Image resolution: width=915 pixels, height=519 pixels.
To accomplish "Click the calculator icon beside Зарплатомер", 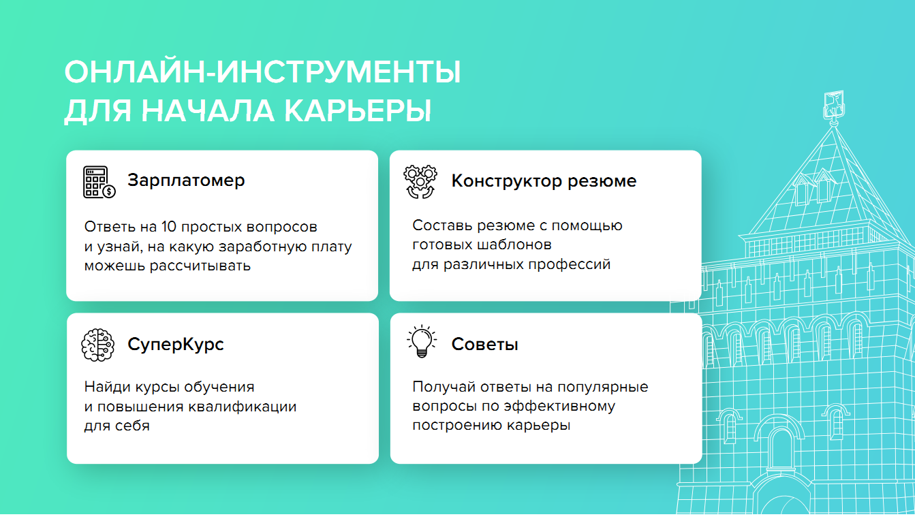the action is coord(99,182).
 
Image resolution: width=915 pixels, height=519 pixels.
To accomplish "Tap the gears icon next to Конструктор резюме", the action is coord(420,182).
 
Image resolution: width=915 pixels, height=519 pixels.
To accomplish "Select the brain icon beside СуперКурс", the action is coord(97,345).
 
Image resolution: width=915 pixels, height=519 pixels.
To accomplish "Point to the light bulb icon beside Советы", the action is coord(422,341).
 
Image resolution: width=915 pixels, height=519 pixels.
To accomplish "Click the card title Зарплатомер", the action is coord(186,180).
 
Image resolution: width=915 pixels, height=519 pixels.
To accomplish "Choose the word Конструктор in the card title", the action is coord(506,181).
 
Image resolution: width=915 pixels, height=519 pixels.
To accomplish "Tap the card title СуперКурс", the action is coord(176,344).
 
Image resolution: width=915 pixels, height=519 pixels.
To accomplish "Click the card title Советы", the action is coord(485,344).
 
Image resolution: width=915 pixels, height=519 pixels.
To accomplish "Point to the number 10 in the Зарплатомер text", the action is coord(169,227).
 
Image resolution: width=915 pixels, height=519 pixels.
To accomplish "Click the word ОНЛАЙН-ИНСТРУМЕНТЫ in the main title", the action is coord(263,72).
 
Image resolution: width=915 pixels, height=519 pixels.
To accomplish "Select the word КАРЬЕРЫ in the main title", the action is coord(358,110).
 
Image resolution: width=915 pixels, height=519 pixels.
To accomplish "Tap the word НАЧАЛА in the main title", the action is coord(208,110).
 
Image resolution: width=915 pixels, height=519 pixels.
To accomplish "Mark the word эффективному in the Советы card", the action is coord(559,407).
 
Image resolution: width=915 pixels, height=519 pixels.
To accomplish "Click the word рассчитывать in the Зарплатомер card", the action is coord(200,266).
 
